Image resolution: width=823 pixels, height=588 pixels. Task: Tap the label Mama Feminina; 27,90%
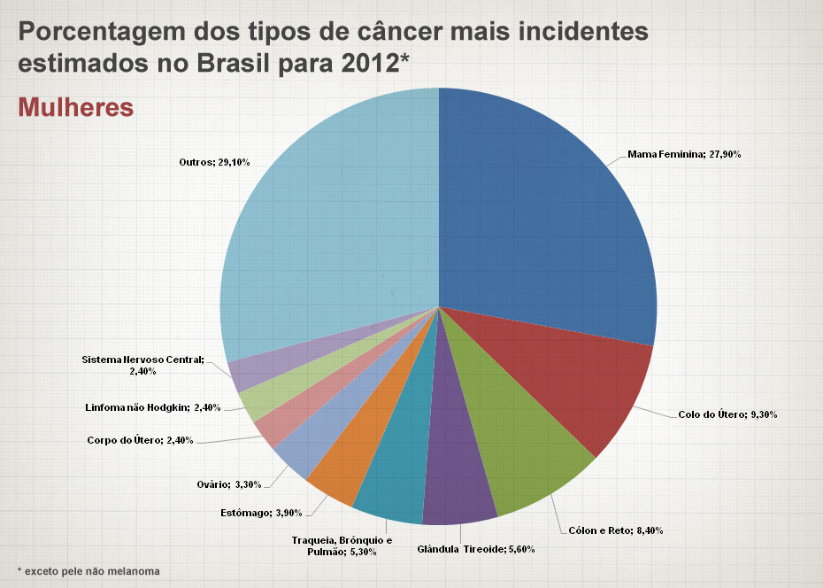[684, 154]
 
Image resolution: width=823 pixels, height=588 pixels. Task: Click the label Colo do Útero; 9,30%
[727, 414]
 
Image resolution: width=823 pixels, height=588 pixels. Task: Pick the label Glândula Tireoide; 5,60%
[475, 549]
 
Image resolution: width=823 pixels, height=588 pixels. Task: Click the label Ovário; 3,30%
[229, 484]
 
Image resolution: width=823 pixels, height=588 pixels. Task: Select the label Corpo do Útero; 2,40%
[140, 440]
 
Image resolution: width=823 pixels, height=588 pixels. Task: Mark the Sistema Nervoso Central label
[142, 366]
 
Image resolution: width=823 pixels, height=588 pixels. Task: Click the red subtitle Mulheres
[76, 107]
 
